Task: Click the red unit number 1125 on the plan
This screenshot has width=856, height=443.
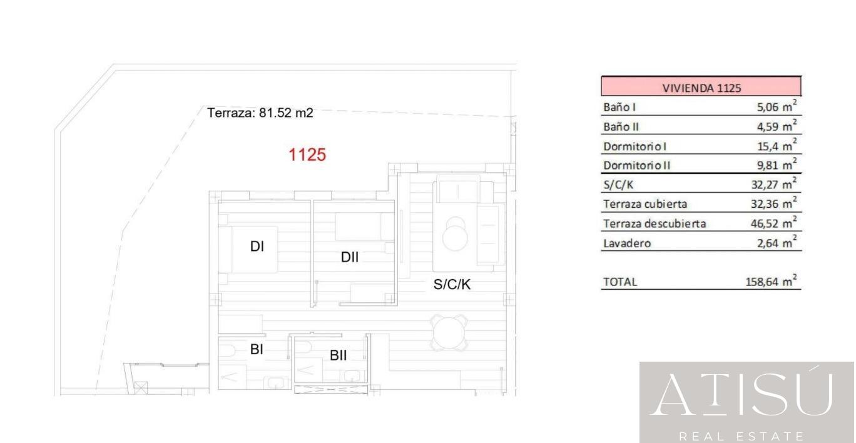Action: click(x=307, y=155)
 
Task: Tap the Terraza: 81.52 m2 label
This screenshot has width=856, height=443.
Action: click(x=260, y=113)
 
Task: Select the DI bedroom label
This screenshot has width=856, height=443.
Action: click(x=257, y=247)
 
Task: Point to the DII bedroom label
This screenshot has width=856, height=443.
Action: click(x=350, y=257)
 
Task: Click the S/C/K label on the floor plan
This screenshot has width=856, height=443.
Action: click(x=452, y=284)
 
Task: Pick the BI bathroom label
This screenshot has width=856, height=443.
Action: click(x=257, y=349)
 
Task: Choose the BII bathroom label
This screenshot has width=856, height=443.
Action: click(x=338, y=355)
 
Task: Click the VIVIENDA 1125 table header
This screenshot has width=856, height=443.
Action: click(x=701, y=88)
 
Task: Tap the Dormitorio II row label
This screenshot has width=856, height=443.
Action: click(x=636, y=166)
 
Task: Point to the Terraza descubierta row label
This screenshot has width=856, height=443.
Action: click(x=655, y=223)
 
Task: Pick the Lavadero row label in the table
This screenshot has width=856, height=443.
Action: click(x=627, y=243)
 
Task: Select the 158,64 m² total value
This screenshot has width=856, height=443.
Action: click(x=771, y=281)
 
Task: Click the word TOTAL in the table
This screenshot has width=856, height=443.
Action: click(x=620, y=282)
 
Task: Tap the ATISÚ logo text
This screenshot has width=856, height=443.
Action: click(x=741, y=394)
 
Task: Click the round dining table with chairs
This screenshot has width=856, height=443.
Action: click(x=449, y=332)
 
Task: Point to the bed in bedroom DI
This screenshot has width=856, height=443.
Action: click(x=248, y=250)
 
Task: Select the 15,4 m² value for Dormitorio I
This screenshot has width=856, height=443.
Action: click(x=777, y=145)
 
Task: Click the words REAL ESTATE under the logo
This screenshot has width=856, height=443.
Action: click(x=741, y=435)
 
